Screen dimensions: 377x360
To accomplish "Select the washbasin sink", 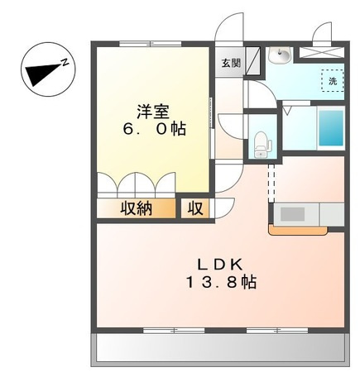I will pos(280,55).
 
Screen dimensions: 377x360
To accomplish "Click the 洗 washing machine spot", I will pos(332,81).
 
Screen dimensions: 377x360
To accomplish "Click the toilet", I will pos(262,141).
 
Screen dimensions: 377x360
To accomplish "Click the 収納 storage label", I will pos(137,208).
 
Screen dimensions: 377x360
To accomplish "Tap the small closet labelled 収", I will pos(195,208).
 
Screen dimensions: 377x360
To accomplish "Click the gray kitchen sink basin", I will pos(293,213).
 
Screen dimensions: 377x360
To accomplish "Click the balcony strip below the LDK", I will pos(218,349).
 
